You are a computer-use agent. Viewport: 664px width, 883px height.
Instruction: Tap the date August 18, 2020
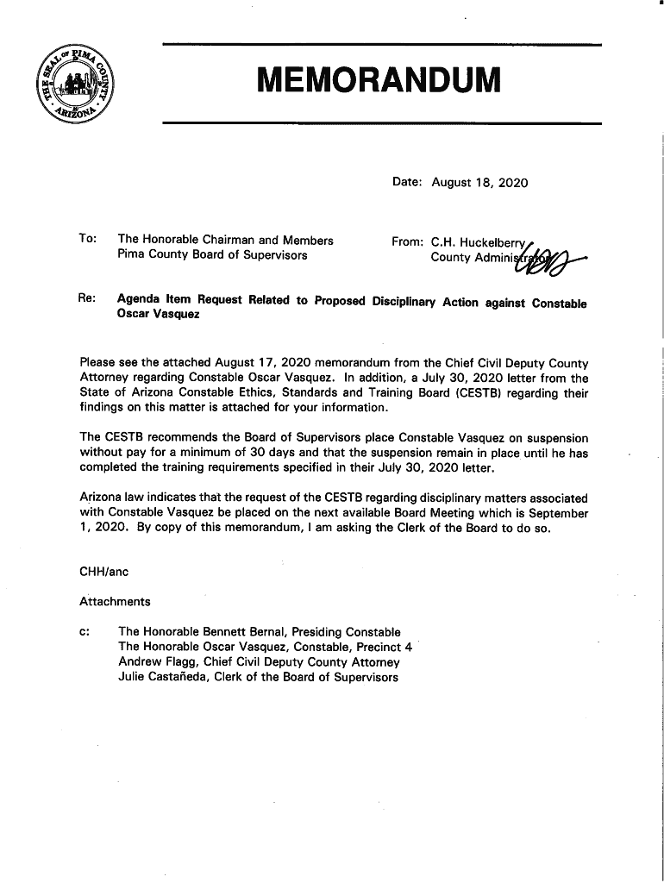479,183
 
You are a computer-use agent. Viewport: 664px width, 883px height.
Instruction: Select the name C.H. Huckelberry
479,241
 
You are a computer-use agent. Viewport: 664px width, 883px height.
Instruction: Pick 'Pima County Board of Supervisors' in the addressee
212,256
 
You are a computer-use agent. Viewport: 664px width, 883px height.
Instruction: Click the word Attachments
115,601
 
